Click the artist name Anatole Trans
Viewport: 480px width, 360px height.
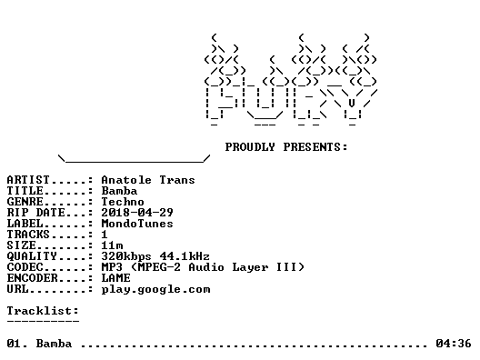(x=148, y=180)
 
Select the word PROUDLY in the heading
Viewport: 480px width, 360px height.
(x=250, y=147)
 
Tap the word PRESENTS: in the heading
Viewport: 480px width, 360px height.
(x=315, y=147)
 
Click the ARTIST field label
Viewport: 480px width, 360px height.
(x=28, y=180)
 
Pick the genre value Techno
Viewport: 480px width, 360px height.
(x=123, y=202)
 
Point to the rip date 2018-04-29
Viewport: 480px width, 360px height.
(x=137, y=213)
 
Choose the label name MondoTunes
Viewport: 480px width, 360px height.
(x=137, y=224)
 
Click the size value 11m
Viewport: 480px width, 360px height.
(x=112, y=245)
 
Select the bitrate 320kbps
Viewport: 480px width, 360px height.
(x=126, y=256)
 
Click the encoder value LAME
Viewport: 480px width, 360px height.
(x=115, y=278)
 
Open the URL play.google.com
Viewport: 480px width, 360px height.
(x=155, y=290)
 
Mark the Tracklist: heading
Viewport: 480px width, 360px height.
(x=43, y=311)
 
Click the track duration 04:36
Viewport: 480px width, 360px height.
(x=454, y=344)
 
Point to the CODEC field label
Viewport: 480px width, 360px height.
(x=25, y=267)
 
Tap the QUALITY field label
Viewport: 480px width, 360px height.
(x=32, y=256)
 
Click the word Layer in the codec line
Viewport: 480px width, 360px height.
(x=250, y=267)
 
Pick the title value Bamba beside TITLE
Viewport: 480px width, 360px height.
(x=119, y=191)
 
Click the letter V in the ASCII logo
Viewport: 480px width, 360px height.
(x=352, y=103)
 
